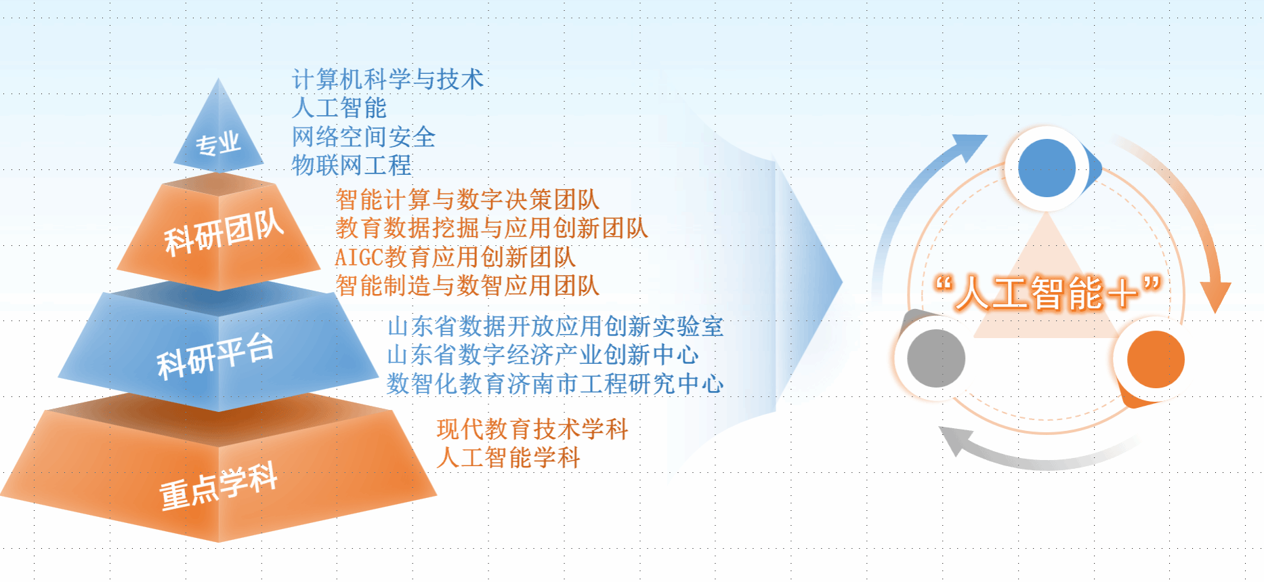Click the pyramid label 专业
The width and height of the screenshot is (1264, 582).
pyautogui.click(x=218, y=144)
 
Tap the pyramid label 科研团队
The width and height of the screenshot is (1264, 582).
pyautogui.click(x=224, y=232)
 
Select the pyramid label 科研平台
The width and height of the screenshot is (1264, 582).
pyautogui.click(x=215, y=356)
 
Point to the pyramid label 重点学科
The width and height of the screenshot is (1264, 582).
pyautogui.click(x=218, y=485)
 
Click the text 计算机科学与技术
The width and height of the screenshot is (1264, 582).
pyautogui.click(x=387, y=79)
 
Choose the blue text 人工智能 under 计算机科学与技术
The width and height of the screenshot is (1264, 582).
pyautogui.click(x=339, y=108)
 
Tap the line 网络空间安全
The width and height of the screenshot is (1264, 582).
pyautogui.click(x=363, y=137)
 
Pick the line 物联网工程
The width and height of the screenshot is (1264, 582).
pyautogui.click(x=351, y=165)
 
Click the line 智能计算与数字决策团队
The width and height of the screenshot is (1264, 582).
pyautogui.click(x=467, y=200)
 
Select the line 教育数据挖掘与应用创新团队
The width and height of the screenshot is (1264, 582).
pyautogui.click(x=492, y=228)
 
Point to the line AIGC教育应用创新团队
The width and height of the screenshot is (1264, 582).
pyautogui.click(x=455, y=257)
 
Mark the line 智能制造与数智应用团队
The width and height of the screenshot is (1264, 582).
pyautogui.click(x=467, y=286)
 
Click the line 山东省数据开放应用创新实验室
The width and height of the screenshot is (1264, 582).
pyautogui.click(x=555, y=327)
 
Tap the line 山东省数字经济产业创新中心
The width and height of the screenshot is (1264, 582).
pyautogui.click(x=543, y=355)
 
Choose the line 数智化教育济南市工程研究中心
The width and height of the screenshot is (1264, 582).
pyautogui.click(x=555, y=384)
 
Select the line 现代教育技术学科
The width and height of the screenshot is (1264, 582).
pyautogui.click(x=532, y=429)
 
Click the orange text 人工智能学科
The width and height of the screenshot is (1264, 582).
pyautogui.click(x=508, y=457)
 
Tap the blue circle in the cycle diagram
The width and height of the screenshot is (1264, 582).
pyautogui.click(x=1047, y=168)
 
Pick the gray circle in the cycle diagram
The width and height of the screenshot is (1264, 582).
pyautogui.click(x=936, y=358)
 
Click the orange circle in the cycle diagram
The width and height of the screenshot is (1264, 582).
pyautogui.click(x=1156, y=359)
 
